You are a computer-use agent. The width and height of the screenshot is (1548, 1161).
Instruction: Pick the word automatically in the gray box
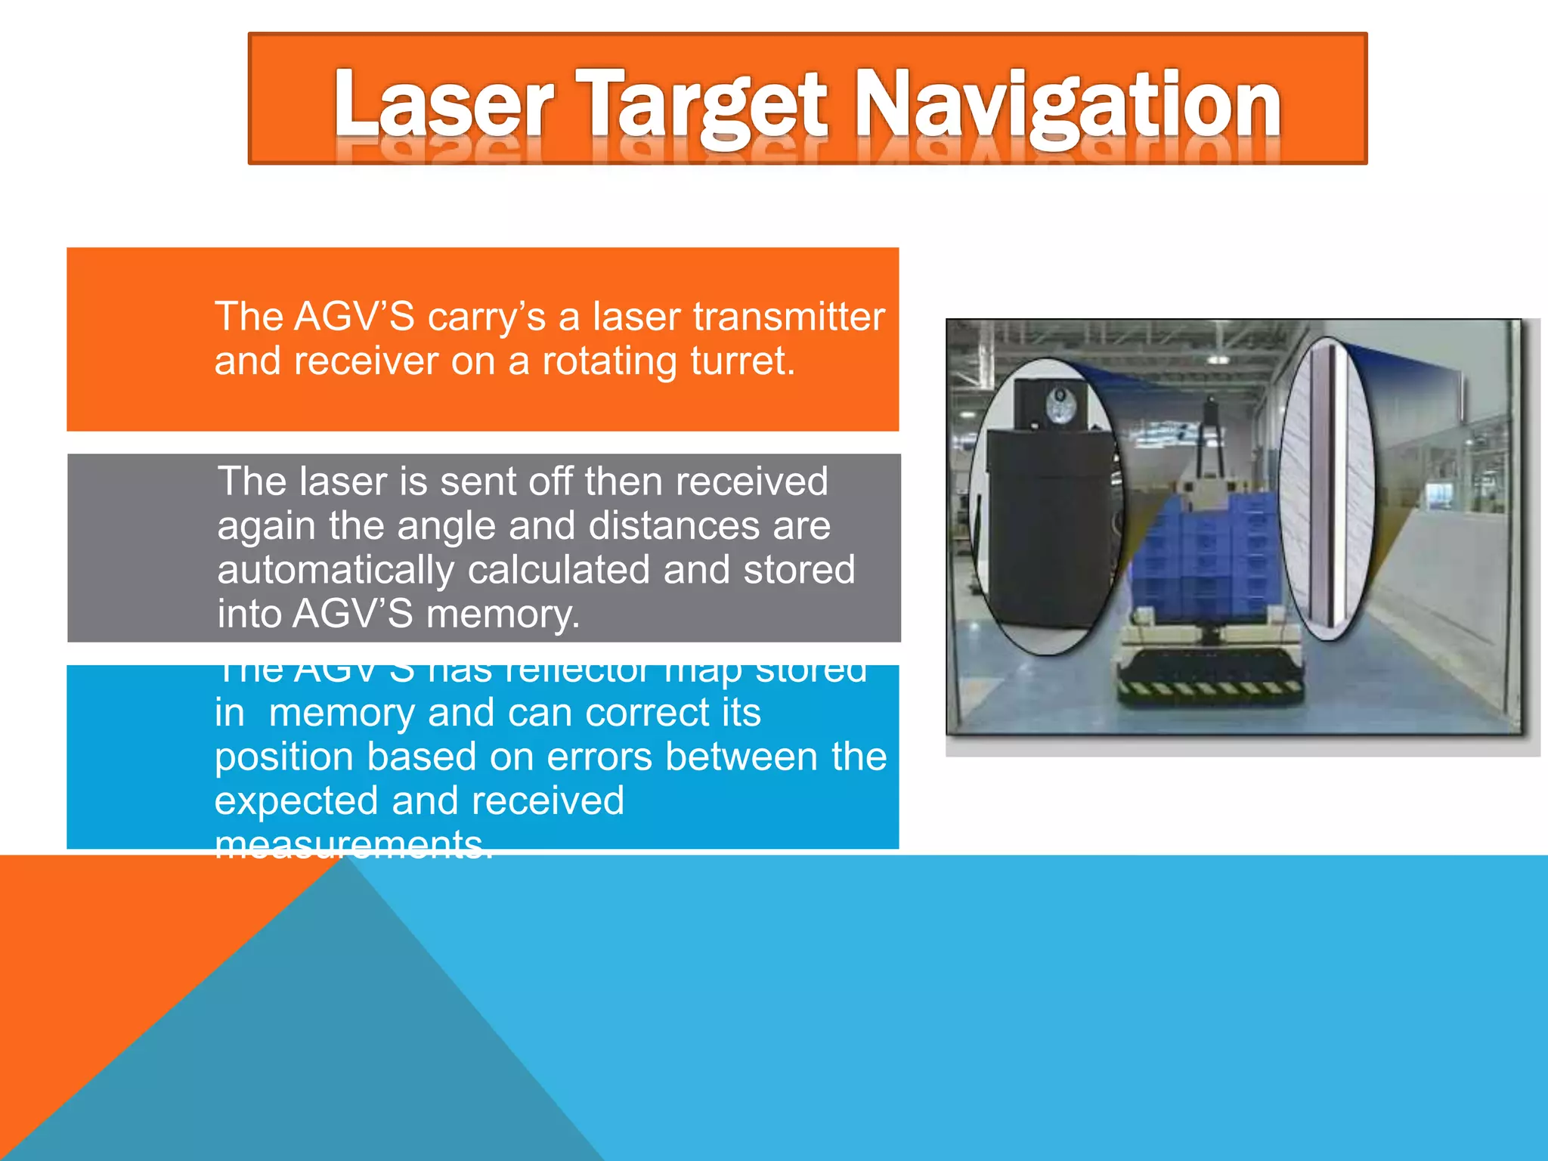(336, 570)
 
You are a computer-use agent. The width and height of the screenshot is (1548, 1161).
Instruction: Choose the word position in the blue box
(283, 757)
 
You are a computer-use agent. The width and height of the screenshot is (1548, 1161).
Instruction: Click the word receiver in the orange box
(367, 361)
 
